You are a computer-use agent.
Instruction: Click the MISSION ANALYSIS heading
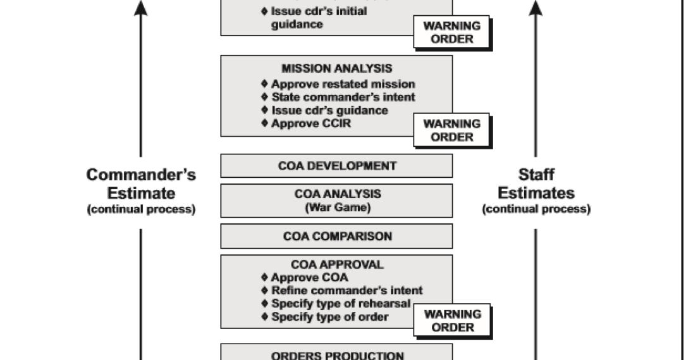coord(336,68)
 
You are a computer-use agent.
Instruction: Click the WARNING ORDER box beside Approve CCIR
coord(451,130)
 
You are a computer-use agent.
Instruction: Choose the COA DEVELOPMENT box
coord(336,166)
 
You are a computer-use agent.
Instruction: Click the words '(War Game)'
coord(337,207)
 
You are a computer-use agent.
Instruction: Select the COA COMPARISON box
coord(336,237)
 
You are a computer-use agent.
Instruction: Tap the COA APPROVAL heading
coord(337,264)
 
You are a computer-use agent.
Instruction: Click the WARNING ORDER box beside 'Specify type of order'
coord(451,321)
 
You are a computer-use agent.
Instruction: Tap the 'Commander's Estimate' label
coord(141,183)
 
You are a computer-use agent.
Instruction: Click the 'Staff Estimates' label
coord(536,183)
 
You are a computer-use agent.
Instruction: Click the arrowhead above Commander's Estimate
coord(141,8)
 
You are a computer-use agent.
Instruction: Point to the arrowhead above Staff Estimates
coord(536,8)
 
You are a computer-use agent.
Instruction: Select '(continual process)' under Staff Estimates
coord(536,209)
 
